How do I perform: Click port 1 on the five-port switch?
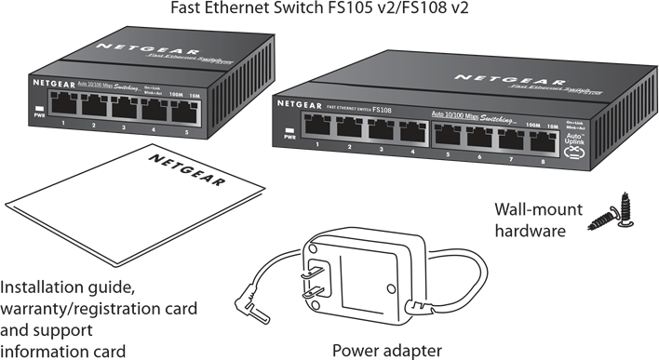(x=63, y=105)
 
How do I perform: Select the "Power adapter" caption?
(x=387, y=350)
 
